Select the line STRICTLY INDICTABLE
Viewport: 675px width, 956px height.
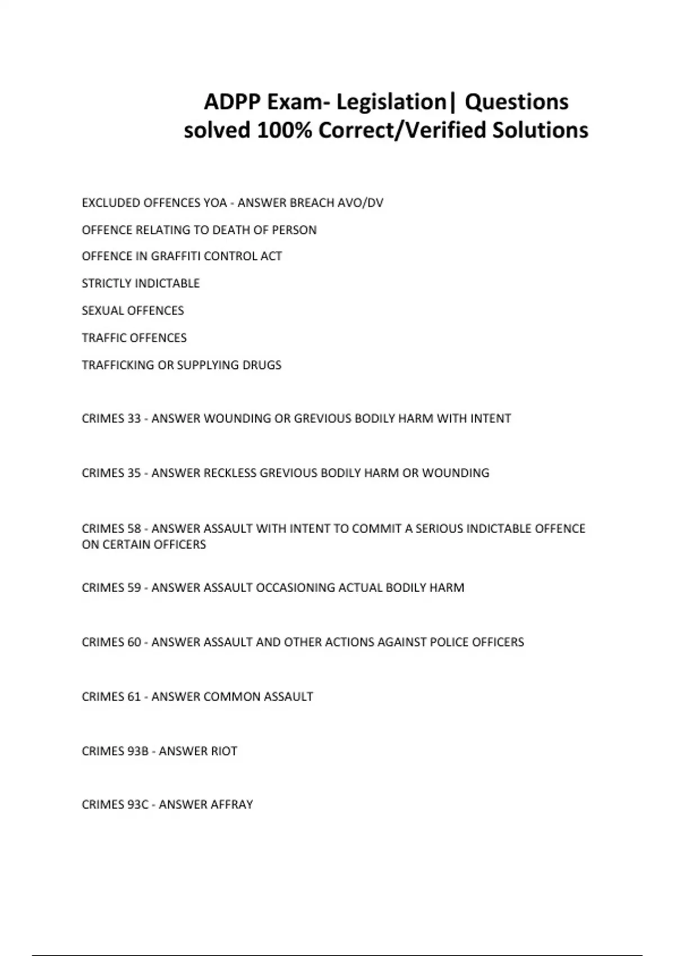click(141, 283)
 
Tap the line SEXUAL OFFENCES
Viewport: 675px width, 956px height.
click(133, 311)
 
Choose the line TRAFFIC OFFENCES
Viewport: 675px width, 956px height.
click(134, 338)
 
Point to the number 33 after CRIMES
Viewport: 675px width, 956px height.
click(134, 419)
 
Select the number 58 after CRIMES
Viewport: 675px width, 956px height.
click(134, 529)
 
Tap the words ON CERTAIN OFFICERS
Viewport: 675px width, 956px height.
click(144, 545)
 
